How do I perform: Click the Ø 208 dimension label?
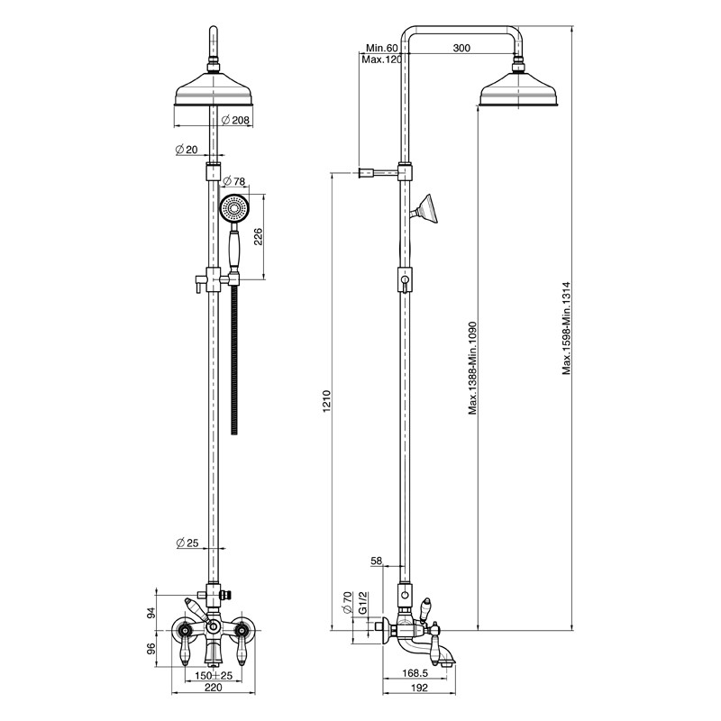235,120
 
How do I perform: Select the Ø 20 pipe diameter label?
187,150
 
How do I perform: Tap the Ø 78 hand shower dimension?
233,182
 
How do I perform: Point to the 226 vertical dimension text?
258,237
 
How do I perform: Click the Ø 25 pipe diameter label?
187,543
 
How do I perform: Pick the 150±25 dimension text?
213,675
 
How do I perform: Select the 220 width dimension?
213,688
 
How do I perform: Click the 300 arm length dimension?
461,48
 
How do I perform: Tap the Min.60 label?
381,48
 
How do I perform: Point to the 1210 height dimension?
326,402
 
